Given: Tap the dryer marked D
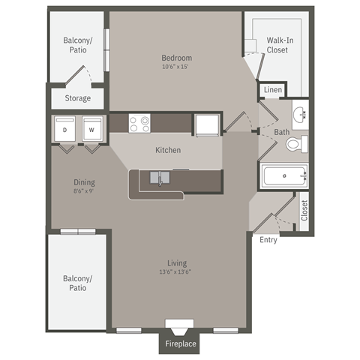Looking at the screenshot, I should (64, 129).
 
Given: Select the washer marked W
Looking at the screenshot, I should (91, 129).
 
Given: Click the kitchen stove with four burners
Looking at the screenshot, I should (139, 123).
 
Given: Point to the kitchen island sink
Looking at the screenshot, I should (160, 178).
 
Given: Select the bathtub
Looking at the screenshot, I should (284, 178).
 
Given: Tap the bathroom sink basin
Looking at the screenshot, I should (300, 115).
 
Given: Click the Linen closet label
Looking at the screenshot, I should (272, 91).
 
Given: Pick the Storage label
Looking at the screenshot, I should (77, 98).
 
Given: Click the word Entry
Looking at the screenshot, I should (268, 240).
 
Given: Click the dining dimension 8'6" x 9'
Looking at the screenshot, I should (83, 190).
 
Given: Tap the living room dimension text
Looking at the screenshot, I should (177, 272).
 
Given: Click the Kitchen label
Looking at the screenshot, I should (168, 150).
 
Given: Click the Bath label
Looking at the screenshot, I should (281, 133).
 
